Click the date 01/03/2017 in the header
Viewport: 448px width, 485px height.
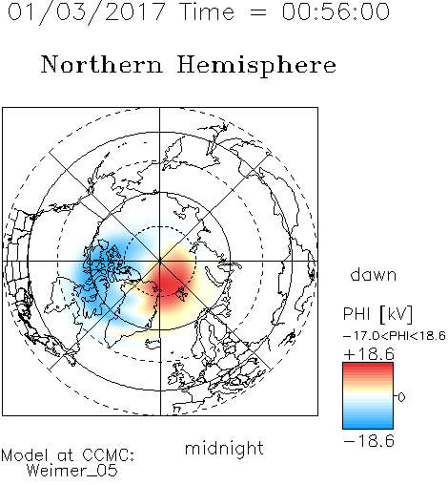tap(87, 12)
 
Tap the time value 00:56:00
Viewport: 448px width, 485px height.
tap(336, 11)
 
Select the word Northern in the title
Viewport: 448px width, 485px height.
tap(102, 64)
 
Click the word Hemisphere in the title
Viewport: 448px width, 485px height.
tap(256, 66)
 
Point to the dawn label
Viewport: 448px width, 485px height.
tap(374, 274)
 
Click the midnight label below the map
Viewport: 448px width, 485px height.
tap(224, 449)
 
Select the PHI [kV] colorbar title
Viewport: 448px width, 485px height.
tap(377, 314)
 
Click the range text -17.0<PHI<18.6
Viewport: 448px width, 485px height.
tap(395, 336)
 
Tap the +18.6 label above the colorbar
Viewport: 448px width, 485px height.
tap(369, 354)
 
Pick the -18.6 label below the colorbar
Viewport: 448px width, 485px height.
tap(369, 441)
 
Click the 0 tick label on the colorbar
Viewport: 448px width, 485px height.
tap(401, 397)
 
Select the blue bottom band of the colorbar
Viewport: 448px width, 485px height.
tap(368, 422)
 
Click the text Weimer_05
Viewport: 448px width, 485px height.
tap(72, 471)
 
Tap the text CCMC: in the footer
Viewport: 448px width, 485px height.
tap(109, 455)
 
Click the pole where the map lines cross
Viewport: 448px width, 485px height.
tap(160, 261)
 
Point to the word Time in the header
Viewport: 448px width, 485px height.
tap(207, 11)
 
